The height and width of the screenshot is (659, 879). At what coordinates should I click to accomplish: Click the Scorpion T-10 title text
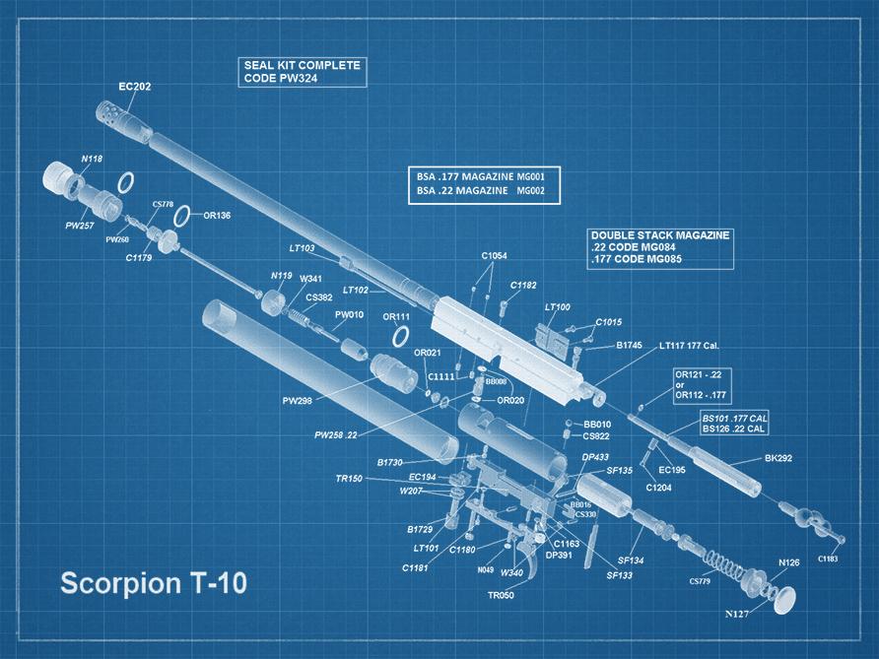(x=154, y=582)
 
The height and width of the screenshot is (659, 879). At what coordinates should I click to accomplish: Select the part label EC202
(x=134, y=87)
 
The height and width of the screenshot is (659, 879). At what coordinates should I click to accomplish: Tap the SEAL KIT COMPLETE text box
(x=304, y=72)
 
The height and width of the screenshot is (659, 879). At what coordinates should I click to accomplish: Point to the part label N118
(x=91, y=159)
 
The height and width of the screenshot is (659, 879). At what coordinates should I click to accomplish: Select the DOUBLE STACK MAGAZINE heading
(x=660, y=236)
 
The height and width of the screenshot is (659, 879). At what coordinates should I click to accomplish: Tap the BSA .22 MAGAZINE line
(x=481, y=189)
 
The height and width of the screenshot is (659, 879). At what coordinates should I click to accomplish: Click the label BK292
(x=778, y=459)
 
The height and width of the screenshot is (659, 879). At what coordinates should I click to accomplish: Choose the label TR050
(x=501, y=596)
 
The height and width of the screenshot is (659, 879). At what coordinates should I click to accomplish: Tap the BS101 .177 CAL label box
(x=734, y=419)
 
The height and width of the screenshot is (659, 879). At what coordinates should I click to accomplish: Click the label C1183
(x=828, y=559)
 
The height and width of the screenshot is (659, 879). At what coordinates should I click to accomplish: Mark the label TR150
(x=349, y=479)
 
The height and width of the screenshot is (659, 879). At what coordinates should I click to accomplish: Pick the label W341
(x=310, y=279)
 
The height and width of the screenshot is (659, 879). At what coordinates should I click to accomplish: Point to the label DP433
(x=594, y=457)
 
